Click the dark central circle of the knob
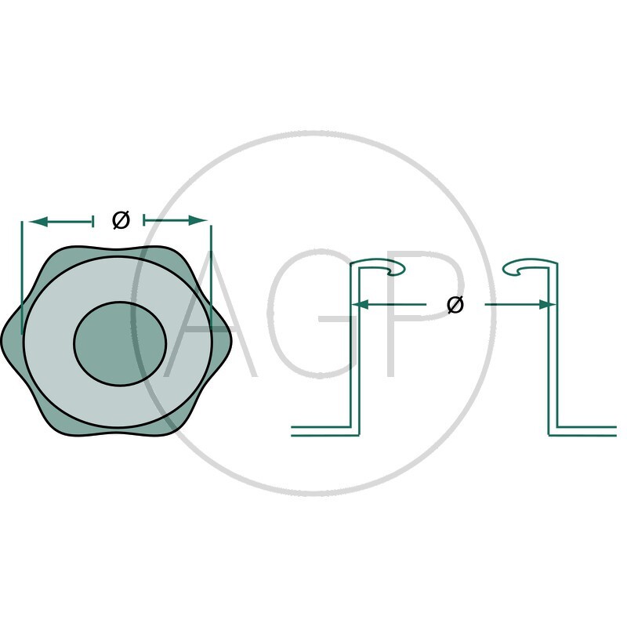coord(120,344)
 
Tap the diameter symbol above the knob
coord(121,220)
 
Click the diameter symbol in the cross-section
coord(455,305)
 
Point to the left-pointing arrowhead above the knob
coord(38,221)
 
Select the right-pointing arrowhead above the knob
coord(198,220)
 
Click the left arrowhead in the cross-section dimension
coord(361,305)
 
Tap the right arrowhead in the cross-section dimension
coord(547,305)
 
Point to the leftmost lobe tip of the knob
coord(3,341)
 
